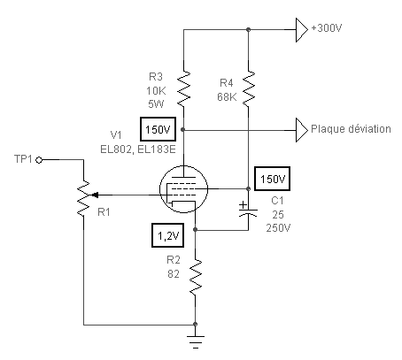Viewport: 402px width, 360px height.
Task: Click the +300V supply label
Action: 327,28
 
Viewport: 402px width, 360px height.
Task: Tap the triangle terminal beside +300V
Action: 302,30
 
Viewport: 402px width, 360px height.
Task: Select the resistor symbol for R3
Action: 183,88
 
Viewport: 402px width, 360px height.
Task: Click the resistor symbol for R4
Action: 249,88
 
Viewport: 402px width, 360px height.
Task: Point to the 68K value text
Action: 227,97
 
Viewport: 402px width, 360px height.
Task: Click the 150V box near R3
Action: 158,129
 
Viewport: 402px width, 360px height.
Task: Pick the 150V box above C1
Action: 272,179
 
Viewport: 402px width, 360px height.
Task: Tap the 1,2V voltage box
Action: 167,235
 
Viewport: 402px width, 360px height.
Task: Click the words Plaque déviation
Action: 351,129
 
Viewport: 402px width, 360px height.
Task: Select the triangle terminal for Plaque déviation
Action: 302,130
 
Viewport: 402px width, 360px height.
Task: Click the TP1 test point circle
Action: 39,160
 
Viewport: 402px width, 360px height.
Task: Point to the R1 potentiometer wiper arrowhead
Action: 95,195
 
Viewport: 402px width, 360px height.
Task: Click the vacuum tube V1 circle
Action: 183,189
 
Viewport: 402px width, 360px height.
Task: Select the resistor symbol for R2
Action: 196,277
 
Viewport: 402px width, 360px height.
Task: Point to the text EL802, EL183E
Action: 138,149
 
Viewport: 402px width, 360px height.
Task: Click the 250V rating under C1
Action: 278,228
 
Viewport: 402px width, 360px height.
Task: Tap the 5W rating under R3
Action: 156,104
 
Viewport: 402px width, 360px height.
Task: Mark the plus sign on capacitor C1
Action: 243,204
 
